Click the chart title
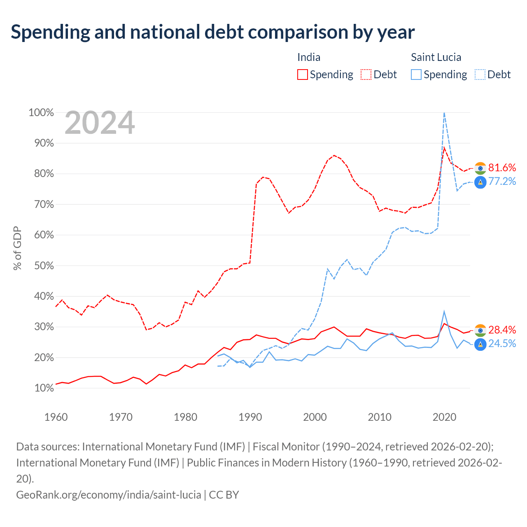[212, 32]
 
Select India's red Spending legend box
[302, 75]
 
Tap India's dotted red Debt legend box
[366, 75]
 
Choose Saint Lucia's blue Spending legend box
[416, 75]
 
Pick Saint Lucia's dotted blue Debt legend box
[480, 75]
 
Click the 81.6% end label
[502, 168]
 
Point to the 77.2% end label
[502, 181]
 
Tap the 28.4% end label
[502, 330]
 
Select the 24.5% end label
[502, 343]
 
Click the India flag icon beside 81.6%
[480, 168]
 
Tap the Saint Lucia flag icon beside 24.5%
[480, 344]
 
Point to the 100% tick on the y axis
[41, 112]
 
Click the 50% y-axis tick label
[44, 266]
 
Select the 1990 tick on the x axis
[250, 417]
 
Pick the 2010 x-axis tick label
[380, 417]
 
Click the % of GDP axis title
[17, 248]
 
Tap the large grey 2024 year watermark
[100, 123]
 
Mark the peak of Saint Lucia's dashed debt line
[444, 113]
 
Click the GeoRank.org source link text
[109, 495]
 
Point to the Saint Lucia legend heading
[436, 57]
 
